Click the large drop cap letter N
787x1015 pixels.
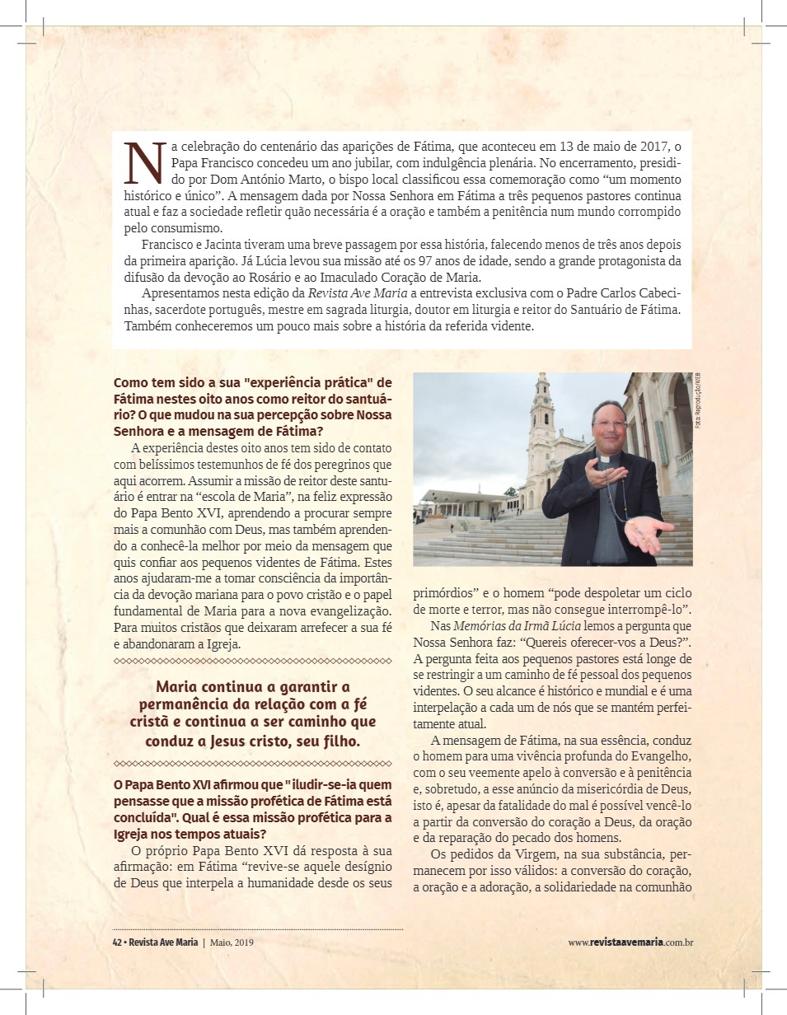click(143, 163)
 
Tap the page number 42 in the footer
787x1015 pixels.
click(117, 942)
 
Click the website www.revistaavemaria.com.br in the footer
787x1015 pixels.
click(630, 942)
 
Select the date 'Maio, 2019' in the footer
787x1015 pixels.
click(232, 942)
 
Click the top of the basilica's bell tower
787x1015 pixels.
click(542, 381)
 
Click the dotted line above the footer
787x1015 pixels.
click(257, 929)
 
